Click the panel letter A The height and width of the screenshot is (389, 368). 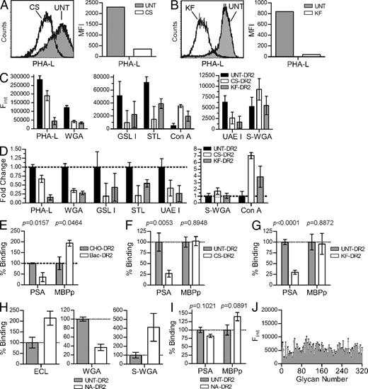(4, 6)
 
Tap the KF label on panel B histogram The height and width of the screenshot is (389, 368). (202, 9)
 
